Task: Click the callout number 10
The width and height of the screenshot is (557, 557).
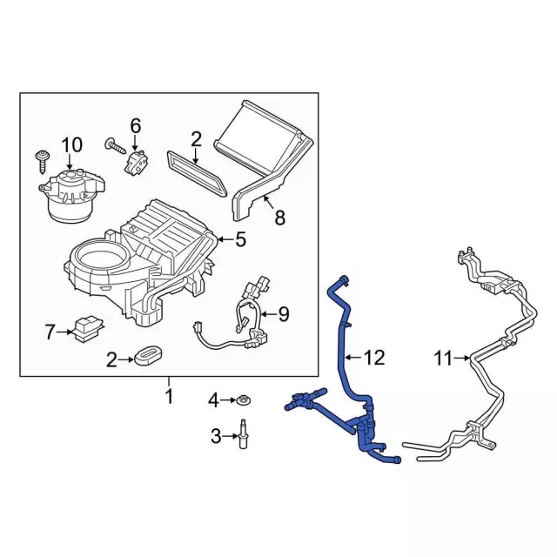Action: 70,144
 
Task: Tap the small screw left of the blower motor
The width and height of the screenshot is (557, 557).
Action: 41,159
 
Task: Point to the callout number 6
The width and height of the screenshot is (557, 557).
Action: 135,126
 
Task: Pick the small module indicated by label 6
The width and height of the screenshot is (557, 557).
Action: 137,163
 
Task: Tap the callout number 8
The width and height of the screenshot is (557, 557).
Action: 279,218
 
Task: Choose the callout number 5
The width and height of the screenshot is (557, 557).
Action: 241,238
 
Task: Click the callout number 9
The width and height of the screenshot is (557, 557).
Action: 283,315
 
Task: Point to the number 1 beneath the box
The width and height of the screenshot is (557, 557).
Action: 169,397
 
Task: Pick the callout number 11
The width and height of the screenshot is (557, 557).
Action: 444,357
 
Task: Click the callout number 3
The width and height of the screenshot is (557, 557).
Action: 214,435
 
